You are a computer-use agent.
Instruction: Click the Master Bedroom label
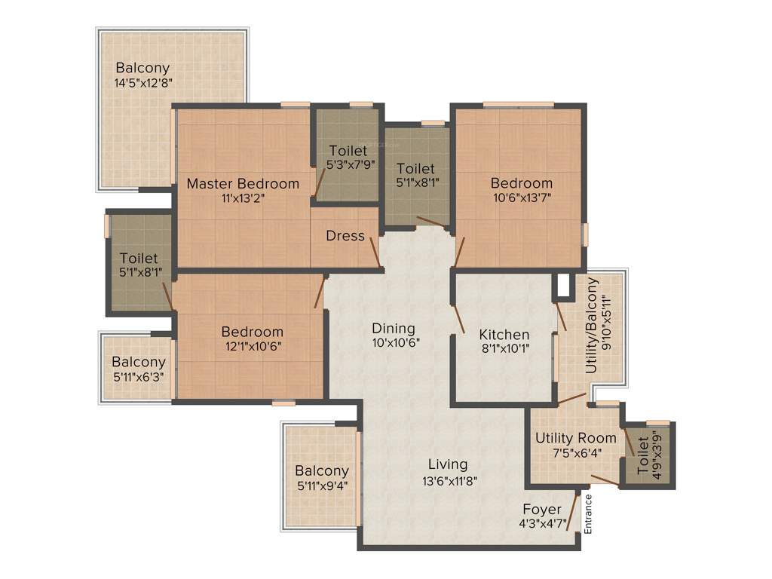click(243, 183)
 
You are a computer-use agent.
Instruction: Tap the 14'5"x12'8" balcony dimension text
click(142, 83)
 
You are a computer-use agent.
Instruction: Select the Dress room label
click(345, 236)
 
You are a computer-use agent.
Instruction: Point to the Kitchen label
click(504, 335)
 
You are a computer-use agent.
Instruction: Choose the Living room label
click(448, 464)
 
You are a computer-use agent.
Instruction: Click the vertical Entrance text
click(589, 514)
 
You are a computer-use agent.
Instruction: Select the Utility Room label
click(575, 438)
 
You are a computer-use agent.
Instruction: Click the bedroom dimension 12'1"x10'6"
click(252, 346)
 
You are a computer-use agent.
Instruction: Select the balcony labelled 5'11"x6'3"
click(138, 369)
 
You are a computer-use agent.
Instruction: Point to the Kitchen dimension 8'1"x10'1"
click(504, 348)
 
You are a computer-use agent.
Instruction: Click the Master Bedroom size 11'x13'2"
click(243, 198)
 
